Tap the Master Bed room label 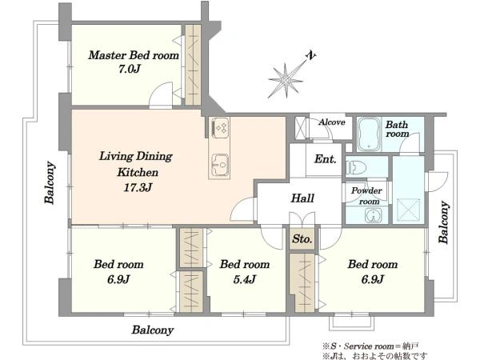point(134,55)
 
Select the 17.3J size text point(138,187)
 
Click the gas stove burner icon point(219,127)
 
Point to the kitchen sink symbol point(219,165)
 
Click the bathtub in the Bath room point(369,134)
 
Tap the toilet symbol point(356,167)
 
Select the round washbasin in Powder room point(373,215)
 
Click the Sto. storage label point(302,238)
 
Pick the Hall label point(302,198)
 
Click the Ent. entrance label point(325,159)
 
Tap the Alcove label point(331,122)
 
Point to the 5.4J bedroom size point(245,279)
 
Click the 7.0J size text point(129,69)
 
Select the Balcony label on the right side point(444,222)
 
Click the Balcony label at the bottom point(153,330)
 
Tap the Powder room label point(366,196)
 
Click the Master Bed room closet point(193,65)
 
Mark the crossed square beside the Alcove point(300,127)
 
